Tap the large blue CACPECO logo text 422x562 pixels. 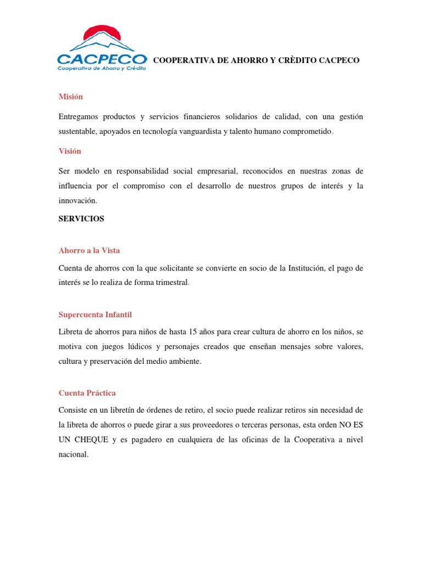(102, 58)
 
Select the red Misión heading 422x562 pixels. (70, 97)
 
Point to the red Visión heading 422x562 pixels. (70, 151)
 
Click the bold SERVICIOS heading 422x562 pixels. (81, 218)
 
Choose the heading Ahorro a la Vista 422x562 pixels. (89, 250)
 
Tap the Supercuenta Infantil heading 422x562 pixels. (95, 314)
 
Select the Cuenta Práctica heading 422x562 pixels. (87, 393)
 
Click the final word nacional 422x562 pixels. (73, 454)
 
